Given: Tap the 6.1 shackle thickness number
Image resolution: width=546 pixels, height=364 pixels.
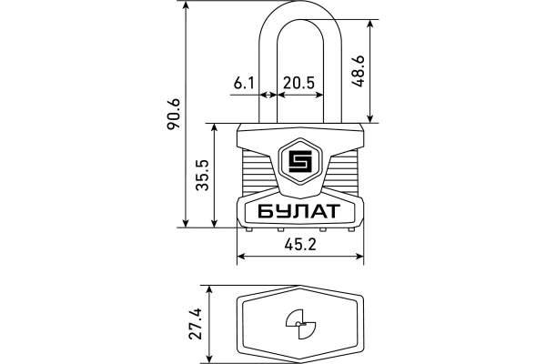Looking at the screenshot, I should pos(243,83).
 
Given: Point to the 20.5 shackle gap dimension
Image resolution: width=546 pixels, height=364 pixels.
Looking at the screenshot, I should pos(298,83).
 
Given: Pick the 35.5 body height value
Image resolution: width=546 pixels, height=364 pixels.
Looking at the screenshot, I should pos(202,175).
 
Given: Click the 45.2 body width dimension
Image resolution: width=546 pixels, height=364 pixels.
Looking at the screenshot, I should pos(299,245).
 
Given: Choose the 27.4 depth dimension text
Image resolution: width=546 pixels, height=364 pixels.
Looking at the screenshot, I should pos(195,322).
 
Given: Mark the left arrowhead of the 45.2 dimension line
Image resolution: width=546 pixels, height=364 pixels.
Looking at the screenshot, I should pos(240,258).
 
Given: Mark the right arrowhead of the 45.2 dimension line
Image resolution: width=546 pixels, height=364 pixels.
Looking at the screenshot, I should pos(361,258).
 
